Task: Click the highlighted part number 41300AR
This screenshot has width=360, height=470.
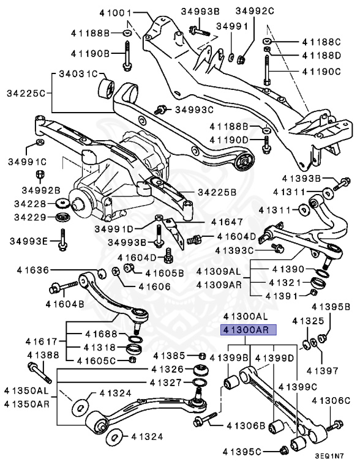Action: coord(249,330)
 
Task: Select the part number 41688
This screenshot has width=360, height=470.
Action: coord(99,334)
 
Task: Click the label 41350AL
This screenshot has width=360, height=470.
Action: coord(25,390)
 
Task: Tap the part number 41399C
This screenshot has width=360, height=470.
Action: coord(299,387)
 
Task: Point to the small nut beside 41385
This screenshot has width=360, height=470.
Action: coord(201,356)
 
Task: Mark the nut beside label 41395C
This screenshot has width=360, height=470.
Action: coord(283,452)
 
